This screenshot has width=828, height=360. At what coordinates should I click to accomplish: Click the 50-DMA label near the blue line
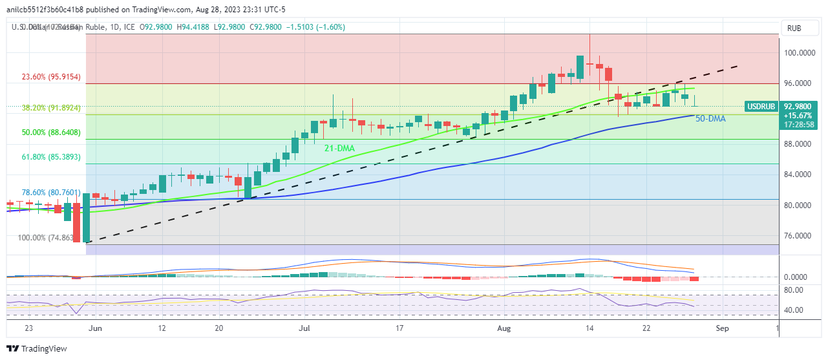(x=710, y=119)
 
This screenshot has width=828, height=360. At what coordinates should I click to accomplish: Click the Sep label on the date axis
(x=722, y=328)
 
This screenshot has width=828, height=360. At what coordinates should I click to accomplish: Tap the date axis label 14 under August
(x=589, y=328)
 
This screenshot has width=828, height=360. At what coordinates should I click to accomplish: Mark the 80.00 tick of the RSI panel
(x=795, y=290)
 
